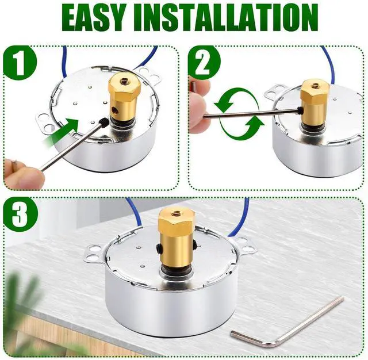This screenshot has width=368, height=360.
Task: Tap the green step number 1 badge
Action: click(20, 63)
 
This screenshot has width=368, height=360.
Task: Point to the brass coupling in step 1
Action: click(124, 98)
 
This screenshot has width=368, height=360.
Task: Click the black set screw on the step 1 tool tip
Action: click(103, 123)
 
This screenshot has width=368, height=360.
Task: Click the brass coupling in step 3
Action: click(177, 240)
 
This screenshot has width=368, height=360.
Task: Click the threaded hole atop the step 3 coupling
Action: click(175, 213)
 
